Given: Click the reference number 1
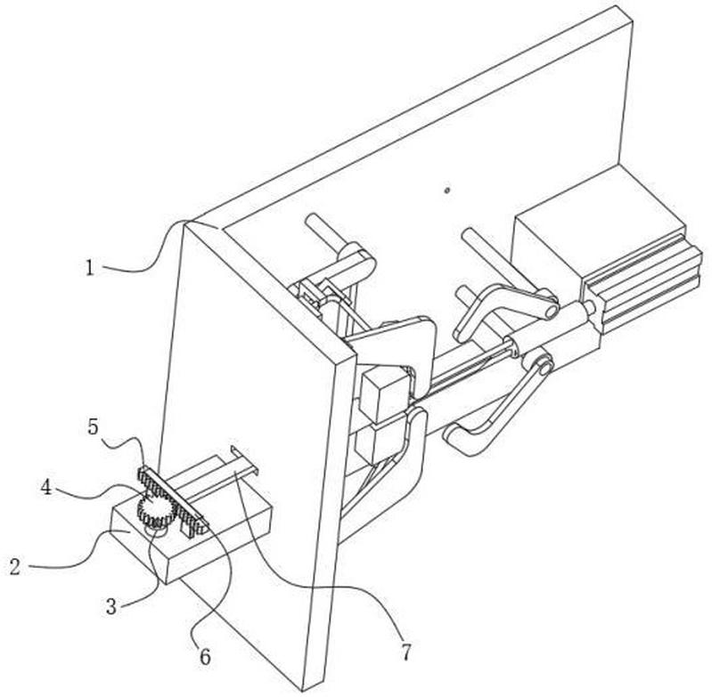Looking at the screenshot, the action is [x=90, y=269].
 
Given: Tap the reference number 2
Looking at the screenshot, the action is [x=15, y=567].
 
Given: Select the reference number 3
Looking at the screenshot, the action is [x=111, y=607].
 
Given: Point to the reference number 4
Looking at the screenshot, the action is [x=45, y=488].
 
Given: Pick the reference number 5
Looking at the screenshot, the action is [x=93, y=426].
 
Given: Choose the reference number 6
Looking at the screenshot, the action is [x=206, y=656].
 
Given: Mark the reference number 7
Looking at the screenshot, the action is [x=406, y=652].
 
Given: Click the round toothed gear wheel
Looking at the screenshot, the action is [x=157, y=511].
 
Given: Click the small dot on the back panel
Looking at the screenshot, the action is [x=446, y=190].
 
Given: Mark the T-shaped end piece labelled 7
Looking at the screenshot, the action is [x=244, y=459].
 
